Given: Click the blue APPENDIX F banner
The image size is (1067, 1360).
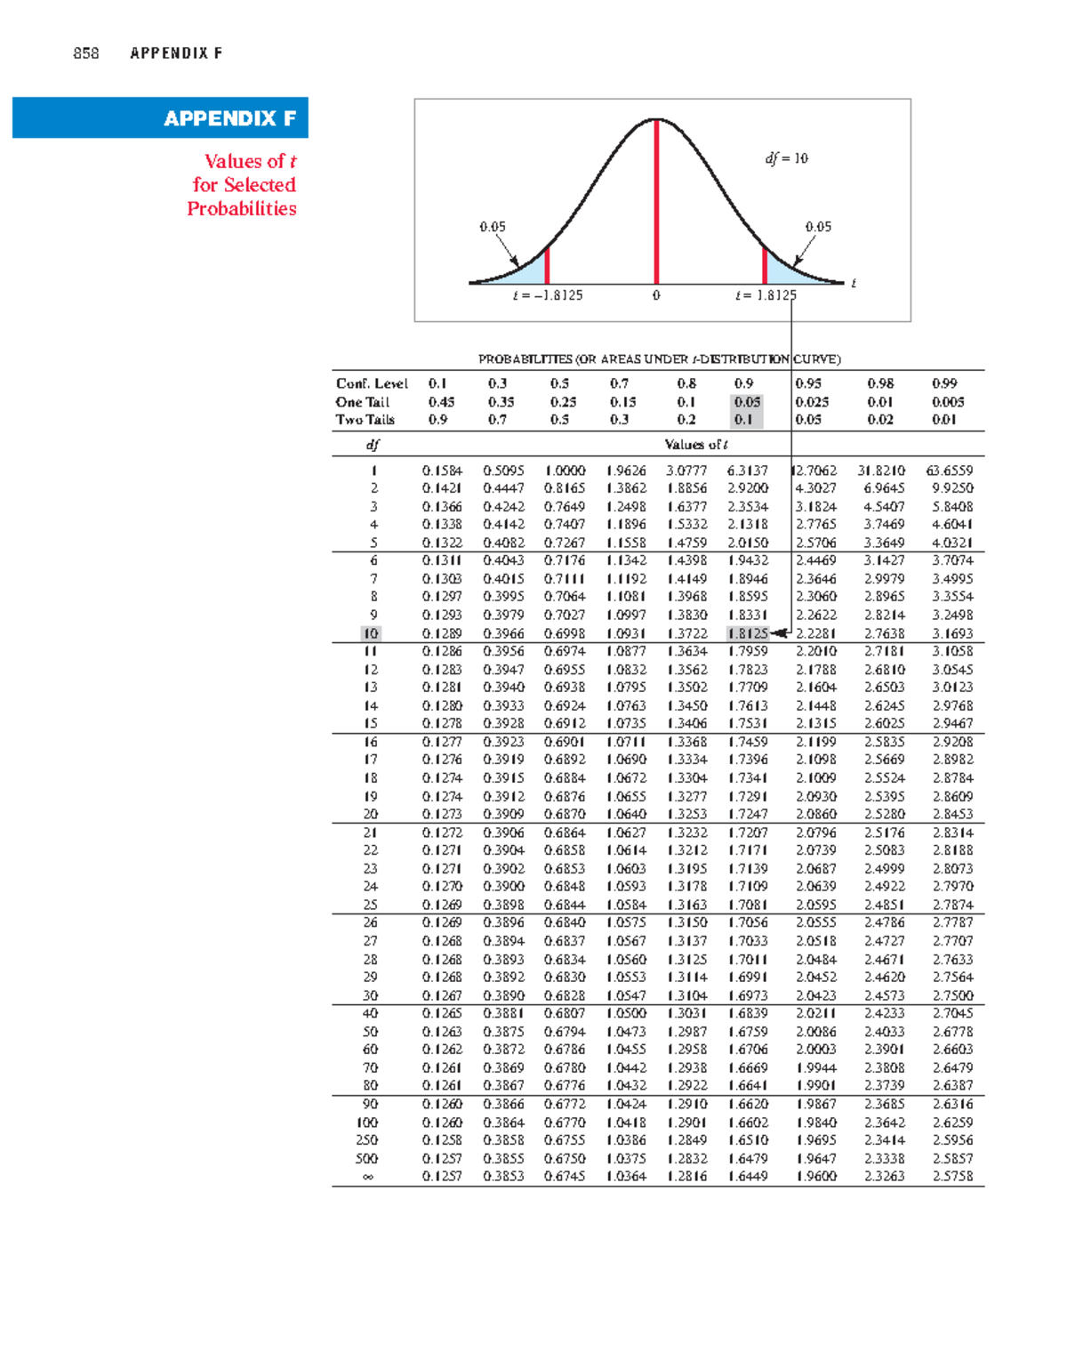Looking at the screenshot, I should [160, 117].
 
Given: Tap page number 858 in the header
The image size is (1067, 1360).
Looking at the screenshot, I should [86, 53].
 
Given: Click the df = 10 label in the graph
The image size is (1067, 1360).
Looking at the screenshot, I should [787, 158].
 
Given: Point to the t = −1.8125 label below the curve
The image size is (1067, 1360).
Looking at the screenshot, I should [548, 295].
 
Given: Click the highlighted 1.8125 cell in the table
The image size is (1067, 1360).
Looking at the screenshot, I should [747, 633].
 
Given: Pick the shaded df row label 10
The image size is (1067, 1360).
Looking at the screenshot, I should [371, 633].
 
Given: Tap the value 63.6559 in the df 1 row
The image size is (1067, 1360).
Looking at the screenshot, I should [950, 471].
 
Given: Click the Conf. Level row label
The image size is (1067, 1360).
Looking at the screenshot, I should [372, 383].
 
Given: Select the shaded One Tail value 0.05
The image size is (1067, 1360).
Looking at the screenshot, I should [747, 402].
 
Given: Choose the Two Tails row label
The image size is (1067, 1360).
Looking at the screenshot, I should [365, 420].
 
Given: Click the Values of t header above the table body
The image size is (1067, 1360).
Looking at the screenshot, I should [696, 445].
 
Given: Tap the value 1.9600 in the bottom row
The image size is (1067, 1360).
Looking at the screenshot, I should [815, 1177].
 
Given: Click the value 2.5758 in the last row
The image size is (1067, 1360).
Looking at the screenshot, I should [952, 1177].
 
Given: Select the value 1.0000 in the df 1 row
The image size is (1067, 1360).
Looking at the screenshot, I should [565, 471].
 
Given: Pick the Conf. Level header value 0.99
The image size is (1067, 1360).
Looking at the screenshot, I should [944, 383].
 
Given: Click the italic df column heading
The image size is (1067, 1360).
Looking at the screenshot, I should [373, 445].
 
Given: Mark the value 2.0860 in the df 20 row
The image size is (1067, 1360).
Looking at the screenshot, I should [815, 814].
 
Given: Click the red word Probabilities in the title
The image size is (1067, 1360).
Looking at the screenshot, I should [242, 209].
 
